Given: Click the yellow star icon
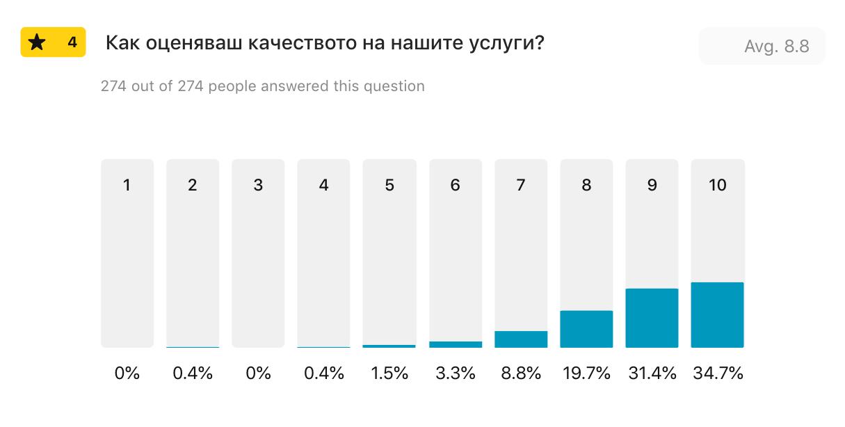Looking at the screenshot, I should [37, 42].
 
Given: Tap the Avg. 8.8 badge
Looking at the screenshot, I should [762, 47].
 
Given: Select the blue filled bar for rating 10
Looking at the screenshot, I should [717, 315].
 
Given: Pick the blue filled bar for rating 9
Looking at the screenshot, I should [652, 318].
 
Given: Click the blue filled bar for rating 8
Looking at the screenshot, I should [586, 329].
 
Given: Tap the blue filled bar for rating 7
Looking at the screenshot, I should [521, 339].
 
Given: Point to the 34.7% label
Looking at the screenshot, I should [718, 373].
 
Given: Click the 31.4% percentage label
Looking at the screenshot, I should [652, 373].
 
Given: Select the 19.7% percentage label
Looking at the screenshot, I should [586, 373].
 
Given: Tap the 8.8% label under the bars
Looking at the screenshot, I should [521, 373].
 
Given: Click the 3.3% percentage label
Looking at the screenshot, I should [456, 373].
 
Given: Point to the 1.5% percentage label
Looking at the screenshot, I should [389, 373].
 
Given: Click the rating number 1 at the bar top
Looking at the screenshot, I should [127, 185].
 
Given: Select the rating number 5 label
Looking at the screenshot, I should [389, 185].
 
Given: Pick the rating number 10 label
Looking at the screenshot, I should [717, 185].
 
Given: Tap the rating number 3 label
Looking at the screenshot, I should [258, 185].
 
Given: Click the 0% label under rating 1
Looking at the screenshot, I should [127, 373].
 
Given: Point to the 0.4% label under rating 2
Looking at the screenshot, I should [193, 373].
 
